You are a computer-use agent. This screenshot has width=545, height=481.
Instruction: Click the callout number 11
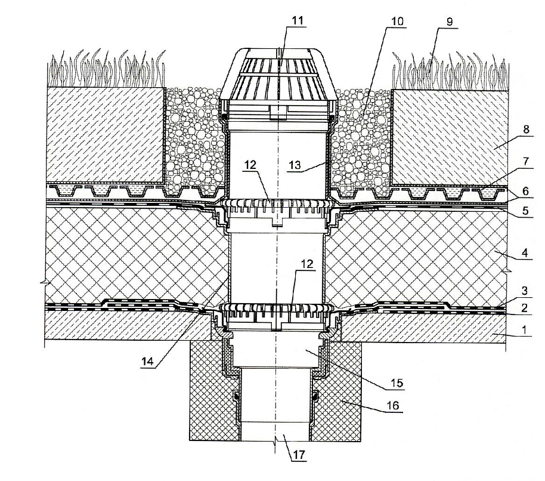point(297,20)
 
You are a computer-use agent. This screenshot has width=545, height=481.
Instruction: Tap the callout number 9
point(448,22)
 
